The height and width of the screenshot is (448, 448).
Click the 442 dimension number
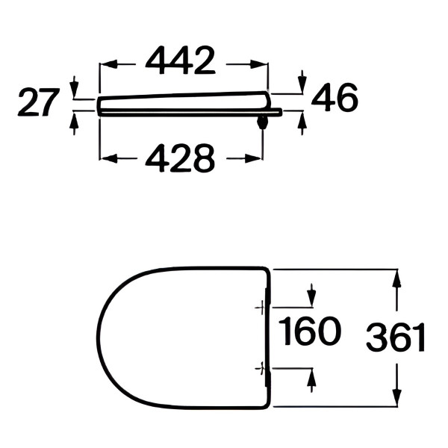(180, 61)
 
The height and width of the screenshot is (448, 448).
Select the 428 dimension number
(180, 158)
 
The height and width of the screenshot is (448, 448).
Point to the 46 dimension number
(335, 98)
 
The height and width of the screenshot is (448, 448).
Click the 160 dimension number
(310, 332)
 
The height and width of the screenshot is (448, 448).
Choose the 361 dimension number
(396, 337)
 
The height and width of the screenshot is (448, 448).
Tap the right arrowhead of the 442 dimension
(258, 64)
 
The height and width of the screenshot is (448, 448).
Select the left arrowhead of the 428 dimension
(110, 158)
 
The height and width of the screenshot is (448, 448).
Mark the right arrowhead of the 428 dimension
(252, 158)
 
